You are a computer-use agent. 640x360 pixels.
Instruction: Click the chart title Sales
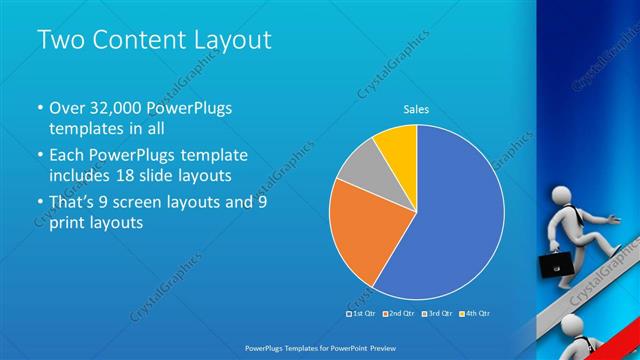[x=417, y=109]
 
